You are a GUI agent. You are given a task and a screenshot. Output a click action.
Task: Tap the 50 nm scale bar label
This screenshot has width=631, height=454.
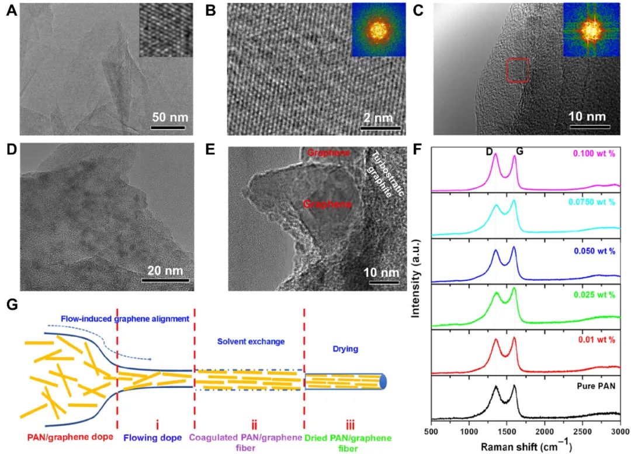pos(168,116)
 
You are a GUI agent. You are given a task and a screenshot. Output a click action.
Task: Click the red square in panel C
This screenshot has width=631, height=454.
pos(518,71)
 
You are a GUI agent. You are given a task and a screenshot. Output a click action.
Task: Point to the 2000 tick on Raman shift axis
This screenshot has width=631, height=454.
pos(544,431)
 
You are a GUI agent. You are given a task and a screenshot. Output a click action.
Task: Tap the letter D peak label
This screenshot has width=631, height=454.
pos(489,151)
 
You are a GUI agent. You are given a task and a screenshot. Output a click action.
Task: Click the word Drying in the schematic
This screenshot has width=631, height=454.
pos(344,349)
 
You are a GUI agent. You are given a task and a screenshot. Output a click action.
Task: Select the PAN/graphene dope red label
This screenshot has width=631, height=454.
pos(64,436)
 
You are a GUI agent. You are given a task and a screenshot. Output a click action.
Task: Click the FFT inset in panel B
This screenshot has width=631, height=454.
pos(378,30)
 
